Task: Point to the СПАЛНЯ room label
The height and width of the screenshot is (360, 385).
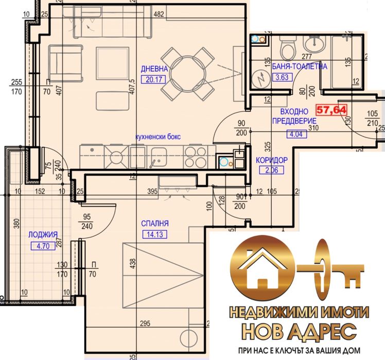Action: [154, 223]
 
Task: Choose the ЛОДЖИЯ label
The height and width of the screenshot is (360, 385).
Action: [40, 233]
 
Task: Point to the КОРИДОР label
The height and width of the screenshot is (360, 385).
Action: [271, 160]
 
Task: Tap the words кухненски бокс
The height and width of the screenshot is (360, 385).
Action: [157, 138]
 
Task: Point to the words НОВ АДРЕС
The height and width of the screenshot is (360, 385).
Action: [299, 330]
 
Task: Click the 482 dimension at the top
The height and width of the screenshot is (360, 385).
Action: [160, 14]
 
